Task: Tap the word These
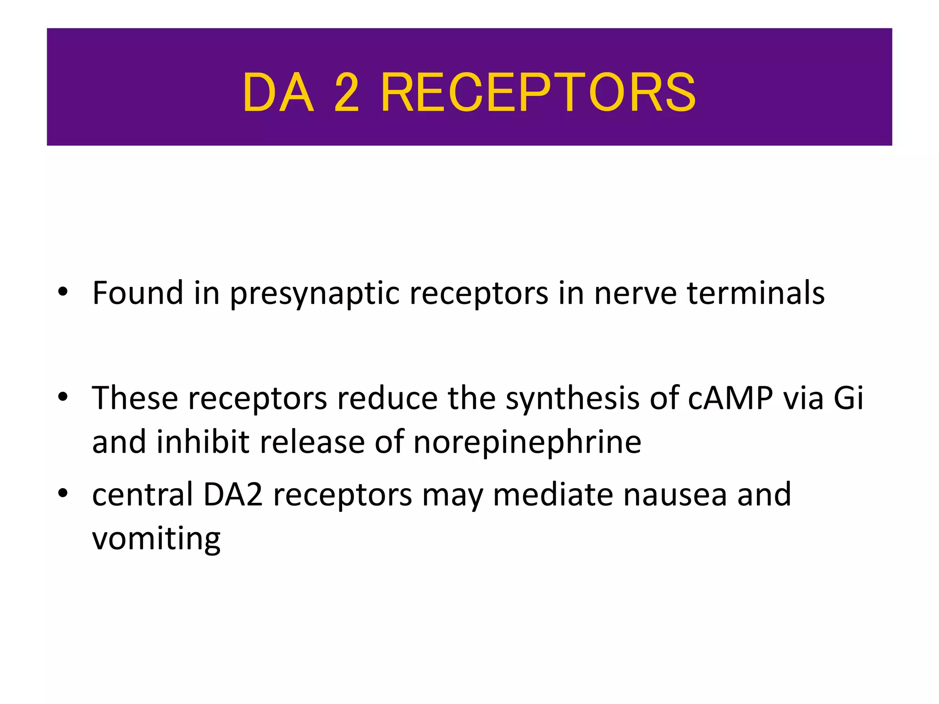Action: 135,397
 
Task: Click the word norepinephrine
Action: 527,442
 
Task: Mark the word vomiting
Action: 156,539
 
